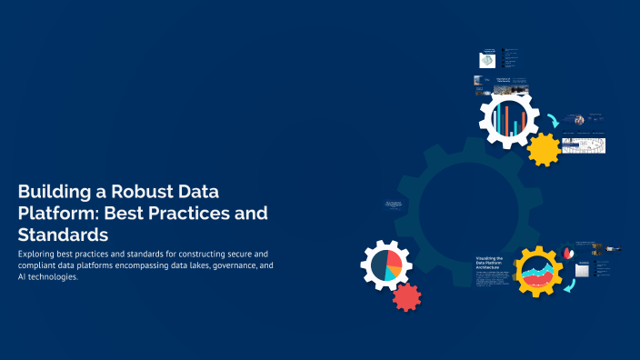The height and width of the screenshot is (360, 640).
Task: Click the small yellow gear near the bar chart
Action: pos(544,148)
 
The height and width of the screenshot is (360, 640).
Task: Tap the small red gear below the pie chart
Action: pos(406,296)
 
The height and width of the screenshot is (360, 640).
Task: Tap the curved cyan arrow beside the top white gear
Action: pos(554,120)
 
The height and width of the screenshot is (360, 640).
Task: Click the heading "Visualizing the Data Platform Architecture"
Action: pos(489,265)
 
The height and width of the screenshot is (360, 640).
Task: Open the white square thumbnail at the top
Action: pos(488,59)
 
